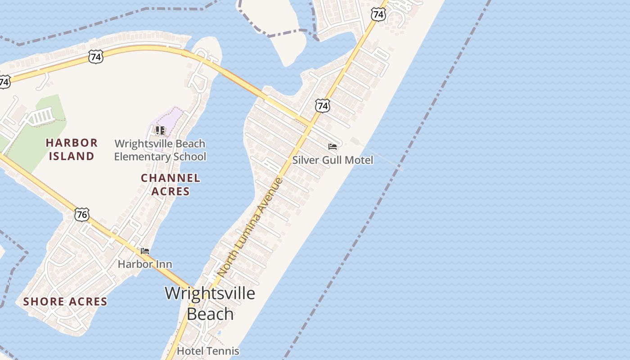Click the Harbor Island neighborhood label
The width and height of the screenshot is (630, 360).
click(72, 149)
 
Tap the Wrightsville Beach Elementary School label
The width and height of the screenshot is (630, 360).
click(160, 150)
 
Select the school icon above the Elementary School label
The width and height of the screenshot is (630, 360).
click(160, 130)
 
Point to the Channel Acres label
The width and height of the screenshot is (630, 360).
click(171, 184)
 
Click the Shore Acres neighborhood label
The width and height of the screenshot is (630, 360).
click(65, 301)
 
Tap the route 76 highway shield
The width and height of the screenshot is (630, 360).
click(82, 214)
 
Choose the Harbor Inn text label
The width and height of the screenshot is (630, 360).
click(145, 264)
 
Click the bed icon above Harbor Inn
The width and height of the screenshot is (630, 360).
click(145, 251)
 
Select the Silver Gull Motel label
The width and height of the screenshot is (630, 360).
click(333, 160)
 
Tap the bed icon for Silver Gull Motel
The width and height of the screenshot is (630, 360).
click(333, 147)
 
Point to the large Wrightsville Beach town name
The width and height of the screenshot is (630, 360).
click(210, 303)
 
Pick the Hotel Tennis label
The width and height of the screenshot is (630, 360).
click(208, 351)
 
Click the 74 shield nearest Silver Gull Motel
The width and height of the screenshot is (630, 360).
click(322, 106)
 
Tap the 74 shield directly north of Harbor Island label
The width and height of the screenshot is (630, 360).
click(96, 57)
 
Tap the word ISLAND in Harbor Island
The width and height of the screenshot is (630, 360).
click(72, 156)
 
